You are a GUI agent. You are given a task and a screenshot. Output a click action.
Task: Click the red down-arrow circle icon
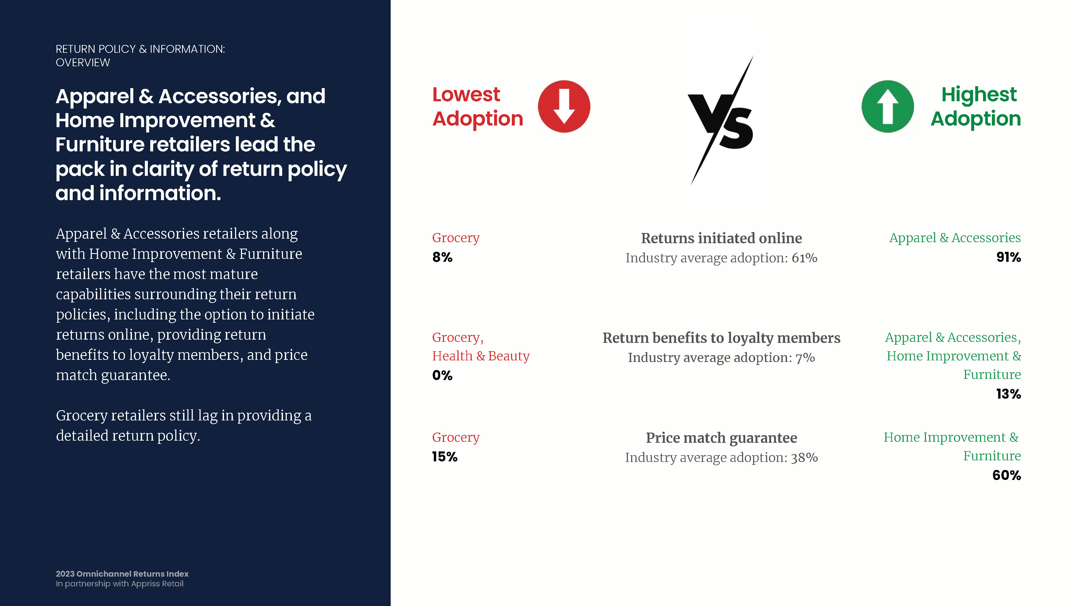pyautogui.click(x=564, y=107)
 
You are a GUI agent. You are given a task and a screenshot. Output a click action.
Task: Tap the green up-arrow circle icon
pyautogui.click(x=888, y=107)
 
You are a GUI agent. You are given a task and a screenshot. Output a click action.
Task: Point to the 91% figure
pyautogui.click(x=1008, y=257)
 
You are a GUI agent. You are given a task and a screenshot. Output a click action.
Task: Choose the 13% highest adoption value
pyautogui.click(x=1008, y=394)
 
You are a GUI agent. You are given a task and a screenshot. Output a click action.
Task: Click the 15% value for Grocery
pyautogui.click(x=445, y=457)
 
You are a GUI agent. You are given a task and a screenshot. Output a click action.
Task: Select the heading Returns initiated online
pyautogui.click(x=722, y=238)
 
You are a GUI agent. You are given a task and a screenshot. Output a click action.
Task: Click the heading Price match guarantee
pyautogui.click(x=722, y=438)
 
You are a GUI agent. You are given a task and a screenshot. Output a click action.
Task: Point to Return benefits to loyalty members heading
pyautogui.click(x=722, y=338)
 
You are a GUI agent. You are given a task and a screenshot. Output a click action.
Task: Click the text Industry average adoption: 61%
pyautogui.click(x=722, y=258)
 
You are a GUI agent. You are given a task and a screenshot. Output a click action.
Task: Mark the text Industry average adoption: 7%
pyautogui.click(x=722, y=358)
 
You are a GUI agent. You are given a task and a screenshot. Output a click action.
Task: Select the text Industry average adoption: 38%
pyautogui.click(x=722, y=458)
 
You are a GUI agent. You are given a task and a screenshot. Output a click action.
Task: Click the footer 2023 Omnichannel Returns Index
pyautogui.click(x=122, y=574)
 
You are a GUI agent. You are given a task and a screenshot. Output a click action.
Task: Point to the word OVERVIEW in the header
pyautogui.click(x=83, y=63)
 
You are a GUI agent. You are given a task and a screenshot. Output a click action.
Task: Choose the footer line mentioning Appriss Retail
pyautogui.click(x=120, y=584)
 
